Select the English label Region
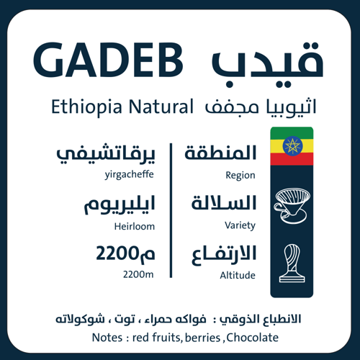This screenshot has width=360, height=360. click(x=240, y=175)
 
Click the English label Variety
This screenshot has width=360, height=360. click(x=240, y=225)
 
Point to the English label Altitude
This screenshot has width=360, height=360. click(x=239, y=276)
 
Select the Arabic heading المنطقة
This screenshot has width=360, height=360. click(x=221, y=153)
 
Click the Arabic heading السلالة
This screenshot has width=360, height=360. click(x=222, y=204)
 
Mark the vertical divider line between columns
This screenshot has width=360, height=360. click(x=171, y=210)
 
